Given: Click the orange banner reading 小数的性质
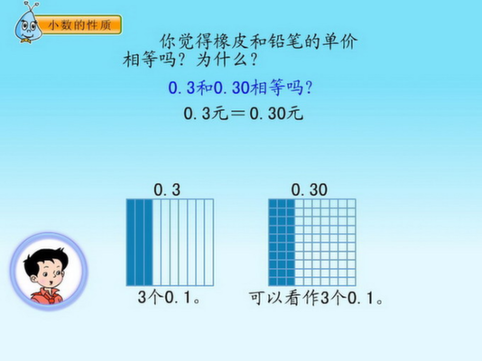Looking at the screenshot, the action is tap(80, 24).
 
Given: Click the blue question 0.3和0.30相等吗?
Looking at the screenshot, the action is tap(240, 88).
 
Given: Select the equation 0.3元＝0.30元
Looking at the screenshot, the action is tap(244, 114).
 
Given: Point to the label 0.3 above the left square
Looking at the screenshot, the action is tap(167, 190).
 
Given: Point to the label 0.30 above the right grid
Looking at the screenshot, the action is tap(310, 190).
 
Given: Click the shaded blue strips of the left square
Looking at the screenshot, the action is tap(140, 243).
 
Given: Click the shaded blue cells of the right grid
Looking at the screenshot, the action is tap(282, 243).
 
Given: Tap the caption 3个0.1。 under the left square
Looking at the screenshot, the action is tap(169, 298).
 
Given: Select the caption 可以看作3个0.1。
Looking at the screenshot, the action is tap(316, 298).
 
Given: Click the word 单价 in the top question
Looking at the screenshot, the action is tap(339, 42).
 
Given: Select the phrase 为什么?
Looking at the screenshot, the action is tap(227, 59).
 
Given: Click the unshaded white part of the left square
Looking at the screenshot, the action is tap(183, 243).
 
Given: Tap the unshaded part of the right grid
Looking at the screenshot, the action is tap(325, 243).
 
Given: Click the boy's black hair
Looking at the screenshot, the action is tap(46, 259).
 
